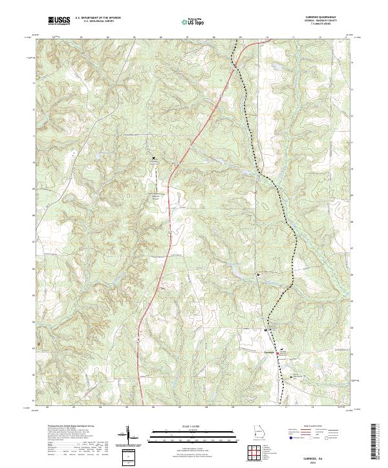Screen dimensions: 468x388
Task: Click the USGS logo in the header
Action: (59, 21)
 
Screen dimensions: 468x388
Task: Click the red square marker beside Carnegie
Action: (279, 353)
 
